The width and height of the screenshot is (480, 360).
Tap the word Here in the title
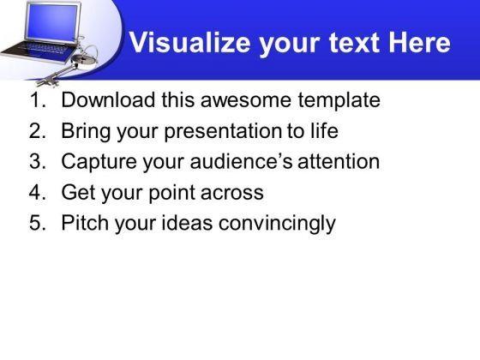419,43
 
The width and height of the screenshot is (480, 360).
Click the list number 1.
38,99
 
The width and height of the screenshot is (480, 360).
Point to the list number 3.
38,161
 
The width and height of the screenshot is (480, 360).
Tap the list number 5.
38,223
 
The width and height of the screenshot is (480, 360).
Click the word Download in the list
108,99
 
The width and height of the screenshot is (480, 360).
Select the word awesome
245,100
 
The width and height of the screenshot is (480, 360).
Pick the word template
339,101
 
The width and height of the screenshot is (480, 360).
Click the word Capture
99,162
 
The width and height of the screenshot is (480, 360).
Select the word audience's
241,161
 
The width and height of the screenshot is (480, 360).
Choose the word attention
339,161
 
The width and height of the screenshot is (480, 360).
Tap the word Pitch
85,223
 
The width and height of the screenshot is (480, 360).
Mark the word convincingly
277,224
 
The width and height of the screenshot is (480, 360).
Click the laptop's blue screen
52,22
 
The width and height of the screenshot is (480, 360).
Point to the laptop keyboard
43,48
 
